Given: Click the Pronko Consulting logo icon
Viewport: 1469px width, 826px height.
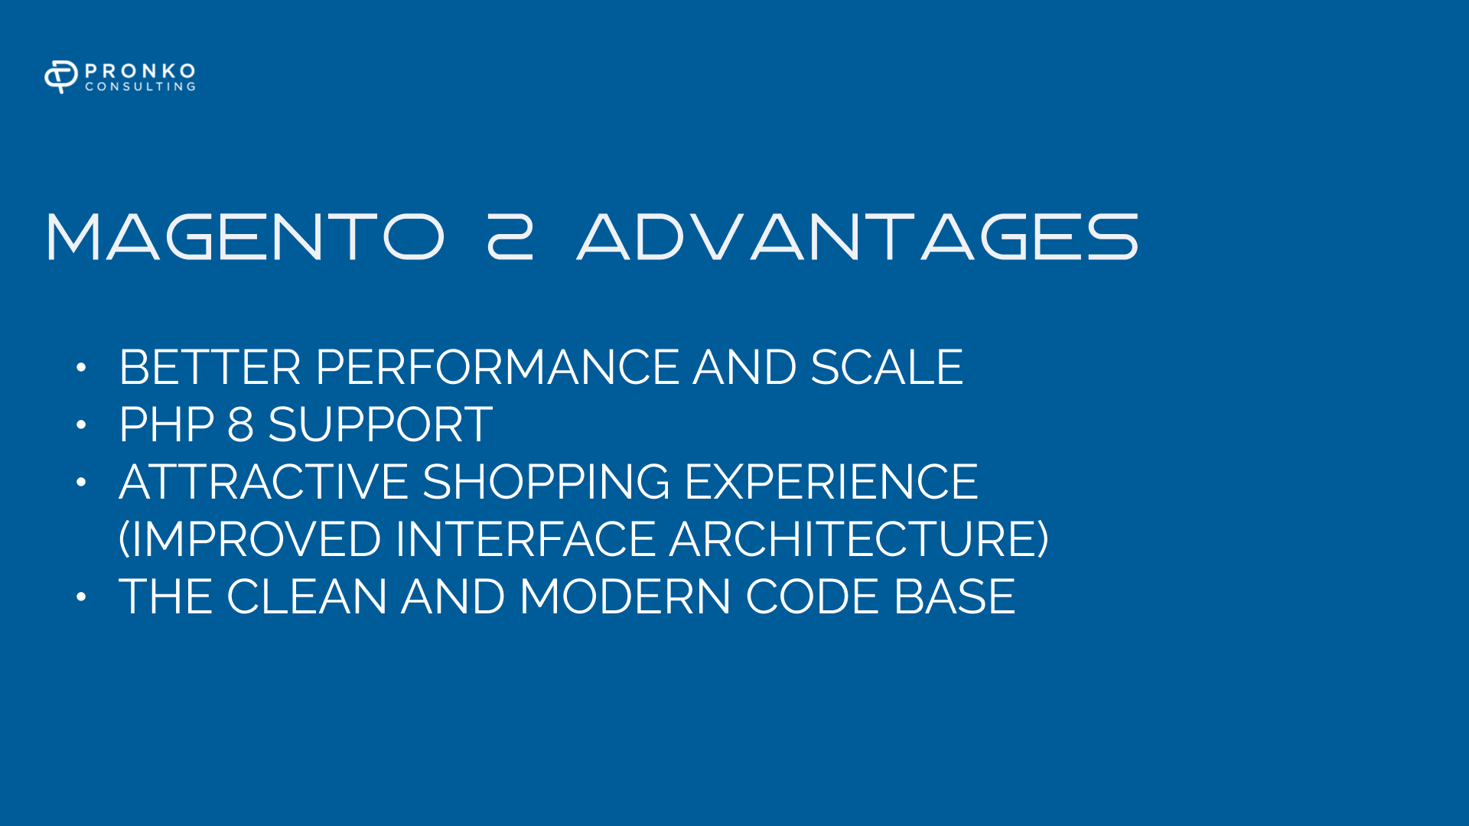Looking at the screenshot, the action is [x=61, y=76].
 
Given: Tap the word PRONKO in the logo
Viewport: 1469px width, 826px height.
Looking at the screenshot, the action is [x=140, y=70].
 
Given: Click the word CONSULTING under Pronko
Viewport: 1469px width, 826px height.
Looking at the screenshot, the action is [x=140, y=86].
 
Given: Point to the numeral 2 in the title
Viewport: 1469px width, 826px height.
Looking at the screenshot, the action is [x=510, y=237].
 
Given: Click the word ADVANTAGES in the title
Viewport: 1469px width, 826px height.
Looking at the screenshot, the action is [x=858, y=237].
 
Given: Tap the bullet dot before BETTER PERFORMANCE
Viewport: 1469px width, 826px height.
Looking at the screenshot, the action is [x=81, y=368].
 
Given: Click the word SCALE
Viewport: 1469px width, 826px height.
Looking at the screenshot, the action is [x=886, y=367].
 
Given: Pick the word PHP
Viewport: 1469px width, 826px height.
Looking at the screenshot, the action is [x=166, y=424].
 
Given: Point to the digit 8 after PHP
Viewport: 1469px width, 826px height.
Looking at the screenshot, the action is [x=240, y=424].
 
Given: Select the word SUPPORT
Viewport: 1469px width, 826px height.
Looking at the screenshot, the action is [x=380, y=424].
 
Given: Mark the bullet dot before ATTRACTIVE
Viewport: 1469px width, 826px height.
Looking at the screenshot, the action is [x=81, y=483].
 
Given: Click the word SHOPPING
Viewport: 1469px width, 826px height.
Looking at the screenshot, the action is [x=546, y=482].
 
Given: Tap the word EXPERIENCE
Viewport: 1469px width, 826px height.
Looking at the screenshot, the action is [x=831, y=482].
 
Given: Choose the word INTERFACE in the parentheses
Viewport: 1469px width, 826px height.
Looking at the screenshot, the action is [x=526, y=539].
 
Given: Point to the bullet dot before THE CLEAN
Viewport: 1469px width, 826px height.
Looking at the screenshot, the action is [x=81, y=597].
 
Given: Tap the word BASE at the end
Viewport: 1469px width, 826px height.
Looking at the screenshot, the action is [x=954, y=597].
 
